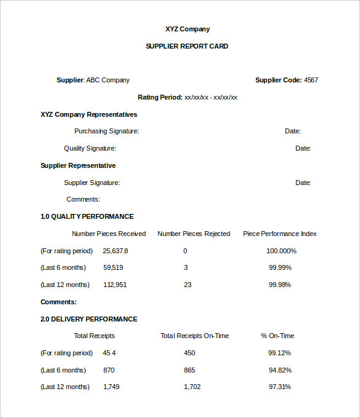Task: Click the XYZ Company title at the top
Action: [x=187, y=29]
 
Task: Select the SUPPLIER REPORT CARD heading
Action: [x=186, y=46]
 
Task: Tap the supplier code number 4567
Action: [x=311, y=80]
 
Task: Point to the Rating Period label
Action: [x=160, y=97]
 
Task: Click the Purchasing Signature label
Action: [x=106, y=131]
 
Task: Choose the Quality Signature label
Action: [x=90, y=148]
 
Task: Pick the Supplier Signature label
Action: [x=92, y=183]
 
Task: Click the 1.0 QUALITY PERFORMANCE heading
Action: [x=87, y=216]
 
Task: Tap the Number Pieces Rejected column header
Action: [x=194, y=234]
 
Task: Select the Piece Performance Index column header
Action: [x=280, y=234]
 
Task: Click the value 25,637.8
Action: [x=116, y=251]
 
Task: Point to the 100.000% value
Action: [x=281, y=251]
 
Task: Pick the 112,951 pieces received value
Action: [x=115, y=285]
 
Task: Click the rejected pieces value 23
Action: [x=188, y=285]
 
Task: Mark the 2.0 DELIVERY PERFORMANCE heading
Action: [x=89, y=319]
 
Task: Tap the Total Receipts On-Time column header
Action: [x=194, y=336]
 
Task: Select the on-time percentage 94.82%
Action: [x=280, y=370]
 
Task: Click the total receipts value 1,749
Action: [x=111, y=387]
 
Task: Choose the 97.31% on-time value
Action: [x=280, y=387]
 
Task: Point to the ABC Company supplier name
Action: [x=108, y=80]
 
